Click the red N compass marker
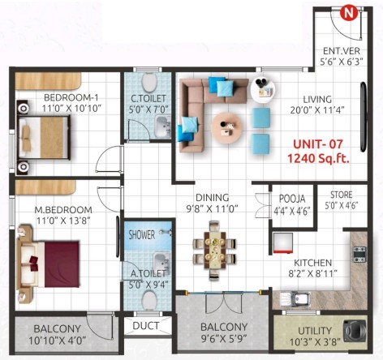(x=349, y=14)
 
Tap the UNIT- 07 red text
(x=318, y=144)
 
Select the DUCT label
(x=146, y=326)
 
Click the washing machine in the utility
(x=355, y=330)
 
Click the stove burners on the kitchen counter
(x=359, y=255)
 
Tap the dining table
(x=215, y=250)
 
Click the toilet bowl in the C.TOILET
(x=149, y=82)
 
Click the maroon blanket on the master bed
(x=62, y=264)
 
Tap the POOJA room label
(x=292, y=199)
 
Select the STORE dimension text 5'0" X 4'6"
(x=342, y=206)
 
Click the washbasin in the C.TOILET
(x=162, y=126)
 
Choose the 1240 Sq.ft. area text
(x=318, y=159)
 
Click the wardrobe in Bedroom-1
(x=48, y=81)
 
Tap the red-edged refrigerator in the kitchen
(x=283, y=243)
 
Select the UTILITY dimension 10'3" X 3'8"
(x=315, y=342)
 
